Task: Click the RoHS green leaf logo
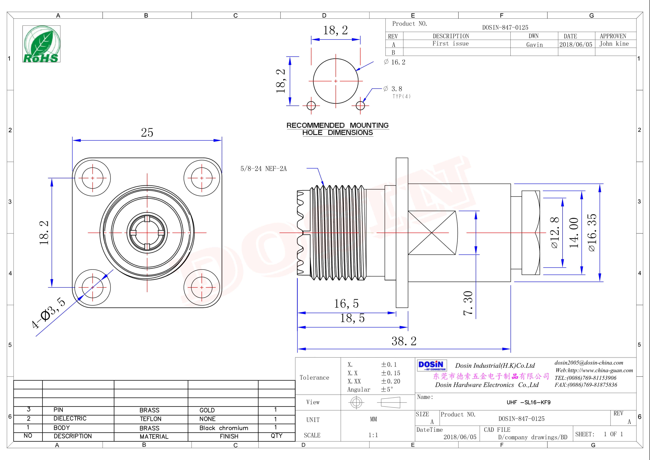click(x=41, y=44)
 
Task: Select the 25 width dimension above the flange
click(x=147, y=133)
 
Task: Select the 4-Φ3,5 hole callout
click(x=48, y=313)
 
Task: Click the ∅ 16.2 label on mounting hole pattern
click(x=395, y=62)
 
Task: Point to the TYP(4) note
click(x=402, y=97)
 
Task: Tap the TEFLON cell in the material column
click(x=150, y=419)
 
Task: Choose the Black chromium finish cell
click(x=224, y=428)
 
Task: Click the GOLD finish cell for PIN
click(x=207, y=410)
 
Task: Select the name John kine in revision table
click(x=614, y=44)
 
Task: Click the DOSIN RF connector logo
click(x=432, y=365)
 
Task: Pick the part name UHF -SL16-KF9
click(x=528, y=402)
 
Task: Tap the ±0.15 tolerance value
click(x=390, y=373)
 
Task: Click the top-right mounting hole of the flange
click(x=202, y=178)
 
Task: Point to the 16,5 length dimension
click(x=346, y=304)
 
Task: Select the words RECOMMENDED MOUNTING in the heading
click(x=337, y=125)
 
